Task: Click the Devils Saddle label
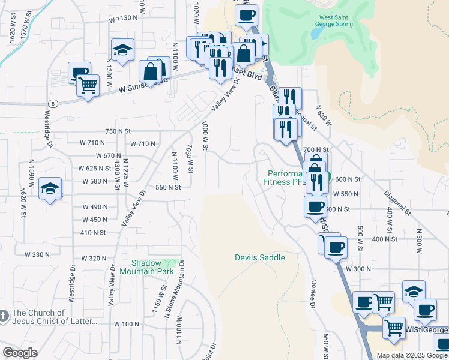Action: [259, 257]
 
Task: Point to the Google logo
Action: [20, 353]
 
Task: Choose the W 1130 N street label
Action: [124, 19]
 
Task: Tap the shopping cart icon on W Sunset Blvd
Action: [88, 86]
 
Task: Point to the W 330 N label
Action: [37, 254]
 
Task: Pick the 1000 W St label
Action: [205, 135]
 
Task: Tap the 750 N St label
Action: [118, 131]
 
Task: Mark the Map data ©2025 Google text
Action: [412, 355]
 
